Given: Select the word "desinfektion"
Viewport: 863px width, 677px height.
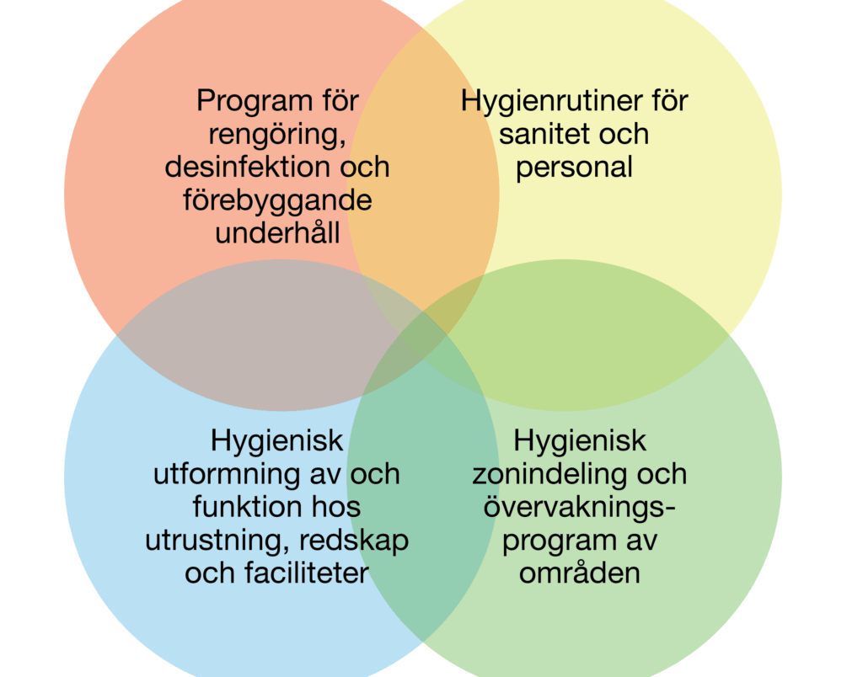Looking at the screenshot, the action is coord(248,167).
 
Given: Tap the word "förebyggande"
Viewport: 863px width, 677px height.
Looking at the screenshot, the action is coord(277,201).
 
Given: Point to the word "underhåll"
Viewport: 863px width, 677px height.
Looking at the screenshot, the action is coord(277,232).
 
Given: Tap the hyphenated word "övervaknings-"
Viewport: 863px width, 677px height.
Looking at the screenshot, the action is coord(580,507).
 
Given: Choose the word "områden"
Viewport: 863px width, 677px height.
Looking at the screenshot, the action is coord(580,573).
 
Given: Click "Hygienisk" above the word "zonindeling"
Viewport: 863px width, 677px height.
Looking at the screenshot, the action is coord(580,441).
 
